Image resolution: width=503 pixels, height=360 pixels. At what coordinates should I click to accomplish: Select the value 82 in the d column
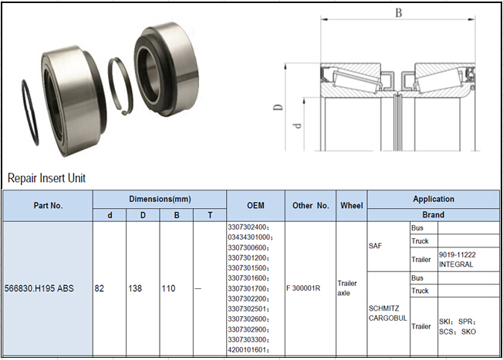click(100, 288)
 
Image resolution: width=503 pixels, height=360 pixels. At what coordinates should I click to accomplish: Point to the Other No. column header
click(311, 206)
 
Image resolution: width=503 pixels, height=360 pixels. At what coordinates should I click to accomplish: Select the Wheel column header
click(352, 206)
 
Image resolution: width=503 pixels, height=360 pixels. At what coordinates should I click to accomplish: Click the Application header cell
click(433, 199)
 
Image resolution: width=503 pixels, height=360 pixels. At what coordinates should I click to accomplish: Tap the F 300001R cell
click(306, 288)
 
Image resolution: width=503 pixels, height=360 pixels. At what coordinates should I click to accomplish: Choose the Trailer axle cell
click(348, 288)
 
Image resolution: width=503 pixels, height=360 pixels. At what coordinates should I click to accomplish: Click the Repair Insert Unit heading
click(46, 178)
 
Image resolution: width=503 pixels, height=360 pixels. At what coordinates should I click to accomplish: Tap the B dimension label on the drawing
click(398, 13)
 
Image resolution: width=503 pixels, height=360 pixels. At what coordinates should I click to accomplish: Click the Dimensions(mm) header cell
click(159, 199)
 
